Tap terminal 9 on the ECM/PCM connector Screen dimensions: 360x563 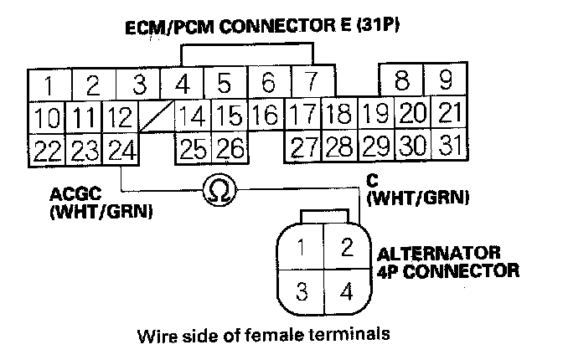point(447,81)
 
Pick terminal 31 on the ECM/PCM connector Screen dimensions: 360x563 point(450,147)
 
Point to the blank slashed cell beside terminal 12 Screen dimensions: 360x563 point(157,115)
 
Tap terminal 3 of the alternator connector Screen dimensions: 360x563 point(305,293)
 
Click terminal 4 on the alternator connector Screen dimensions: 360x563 point(344,293)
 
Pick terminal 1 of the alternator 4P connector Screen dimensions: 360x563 point(305,248)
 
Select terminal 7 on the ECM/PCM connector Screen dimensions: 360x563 point(311,84)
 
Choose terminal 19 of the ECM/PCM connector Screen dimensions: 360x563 point(377,114)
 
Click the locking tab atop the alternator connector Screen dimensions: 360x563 point(325,216)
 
